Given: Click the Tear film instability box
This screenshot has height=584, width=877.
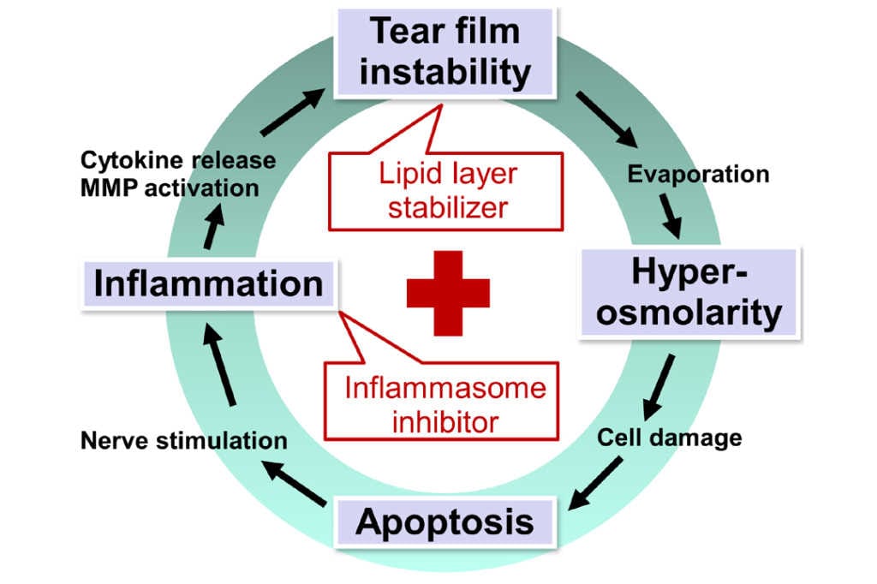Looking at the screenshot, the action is point(445,52).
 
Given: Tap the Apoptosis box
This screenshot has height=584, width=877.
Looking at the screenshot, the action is point(445,522).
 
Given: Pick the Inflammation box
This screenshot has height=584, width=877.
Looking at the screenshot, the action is point(209,283).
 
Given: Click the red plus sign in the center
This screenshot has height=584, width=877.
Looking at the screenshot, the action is point(448,293).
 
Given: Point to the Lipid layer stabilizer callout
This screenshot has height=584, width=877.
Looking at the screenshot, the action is point(445,191).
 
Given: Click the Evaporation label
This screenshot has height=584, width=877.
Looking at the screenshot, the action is point(698,174).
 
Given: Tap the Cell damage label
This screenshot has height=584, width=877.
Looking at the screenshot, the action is point(670,438).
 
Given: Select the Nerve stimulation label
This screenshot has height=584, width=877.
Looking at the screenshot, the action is point(184,440).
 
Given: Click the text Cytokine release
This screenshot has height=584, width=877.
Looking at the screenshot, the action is point(178,160).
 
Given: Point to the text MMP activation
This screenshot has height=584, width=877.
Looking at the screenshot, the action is point(170,188).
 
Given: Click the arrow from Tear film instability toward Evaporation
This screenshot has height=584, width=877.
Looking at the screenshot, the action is point(607,120).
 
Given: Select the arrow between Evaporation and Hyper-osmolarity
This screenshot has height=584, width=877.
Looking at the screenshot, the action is point(670,217).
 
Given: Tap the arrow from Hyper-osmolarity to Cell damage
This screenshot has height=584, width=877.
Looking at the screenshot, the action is point(659,387).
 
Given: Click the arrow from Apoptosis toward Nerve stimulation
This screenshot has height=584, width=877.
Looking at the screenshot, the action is point(295,483).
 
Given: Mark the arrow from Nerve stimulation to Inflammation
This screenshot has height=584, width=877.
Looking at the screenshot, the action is point(219,365).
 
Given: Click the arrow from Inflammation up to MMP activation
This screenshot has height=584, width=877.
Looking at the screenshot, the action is point(213,226).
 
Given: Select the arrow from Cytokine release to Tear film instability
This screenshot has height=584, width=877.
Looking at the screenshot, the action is point(293,112).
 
